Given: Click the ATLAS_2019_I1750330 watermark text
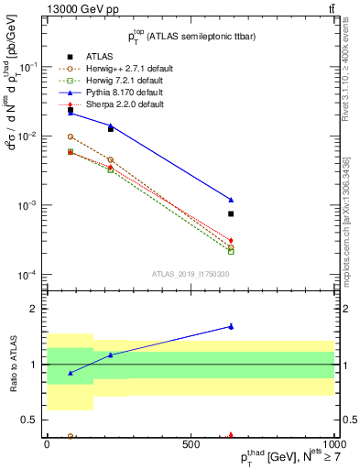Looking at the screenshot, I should click(190, 273).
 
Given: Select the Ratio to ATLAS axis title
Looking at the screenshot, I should click(14, 364).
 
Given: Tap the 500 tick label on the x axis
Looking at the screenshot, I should click(191, 443).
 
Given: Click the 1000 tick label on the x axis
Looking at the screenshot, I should click(333, 443).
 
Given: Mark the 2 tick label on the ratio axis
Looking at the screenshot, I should click(36, 309).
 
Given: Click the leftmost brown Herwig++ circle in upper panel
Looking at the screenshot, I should click(71, 136).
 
